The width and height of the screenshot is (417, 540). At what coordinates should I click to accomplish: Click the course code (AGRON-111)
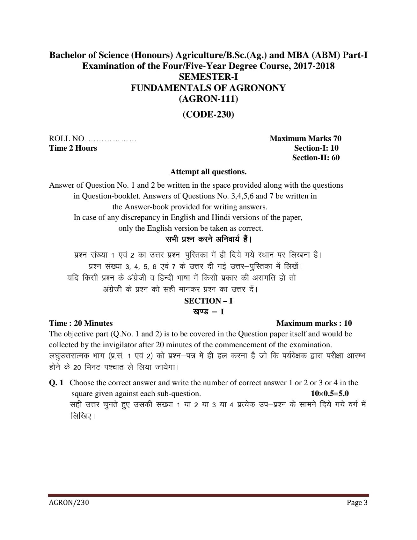click(208, 99)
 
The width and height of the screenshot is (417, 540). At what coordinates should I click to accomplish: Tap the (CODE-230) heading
click(208, 114)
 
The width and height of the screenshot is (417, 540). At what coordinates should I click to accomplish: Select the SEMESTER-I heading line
click(208, 77)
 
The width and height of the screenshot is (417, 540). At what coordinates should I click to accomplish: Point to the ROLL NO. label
click(67, 139)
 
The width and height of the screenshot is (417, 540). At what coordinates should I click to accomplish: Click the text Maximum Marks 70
click(305, 138)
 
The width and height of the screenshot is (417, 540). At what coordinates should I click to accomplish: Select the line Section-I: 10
click(316, 148)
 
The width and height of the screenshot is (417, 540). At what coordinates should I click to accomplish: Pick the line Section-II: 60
click(316, 157)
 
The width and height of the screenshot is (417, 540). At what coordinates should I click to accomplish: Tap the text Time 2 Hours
click(73, 148)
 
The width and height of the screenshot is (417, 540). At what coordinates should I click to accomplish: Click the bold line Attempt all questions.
click(208, 172)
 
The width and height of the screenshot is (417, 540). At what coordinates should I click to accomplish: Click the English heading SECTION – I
click(208, 301)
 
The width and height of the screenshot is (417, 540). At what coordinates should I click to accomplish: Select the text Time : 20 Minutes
click(81, 323)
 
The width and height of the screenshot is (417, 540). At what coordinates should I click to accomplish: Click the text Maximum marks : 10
click(314, 323)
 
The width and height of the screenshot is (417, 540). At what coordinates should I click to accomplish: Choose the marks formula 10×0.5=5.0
click(330, 393)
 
